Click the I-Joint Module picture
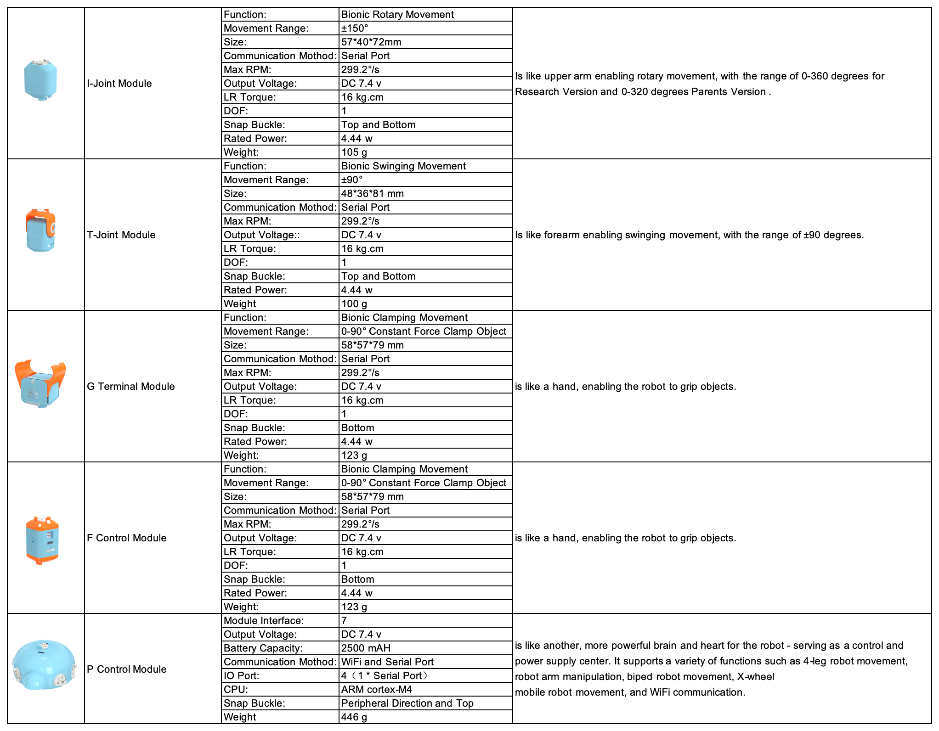[x=41, y=80]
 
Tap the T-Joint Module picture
[x=40, y=231]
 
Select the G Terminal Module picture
[x=40, y=384]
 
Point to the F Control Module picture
[x=42, y=540]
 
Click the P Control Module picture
[x=44, y=665]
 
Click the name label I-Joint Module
[x=119, y=84]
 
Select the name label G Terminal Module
[x=131, y=387]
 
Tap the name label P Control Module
[x=127, y=669]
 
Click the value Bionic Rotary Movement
[x=397, y=15]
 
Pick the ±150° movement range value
[x=355, y=28]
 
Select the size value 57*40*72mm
[x=371, y=42]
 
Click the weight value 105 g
[x=354, y=152]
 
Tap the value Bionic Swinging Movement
[x=403, y=166]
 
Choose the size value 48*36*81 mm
[x=373, y=194]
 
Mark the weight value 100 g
[x=354, y=304]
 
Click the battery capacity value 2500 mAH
[x=366, y=648]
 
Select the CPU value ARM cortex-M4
[x=377, y=690]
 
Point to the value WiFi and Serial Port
[x=387, y=662]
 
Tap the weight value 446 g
[x=354, y=717]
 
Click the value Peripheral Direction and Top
[x=407, y=703]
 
